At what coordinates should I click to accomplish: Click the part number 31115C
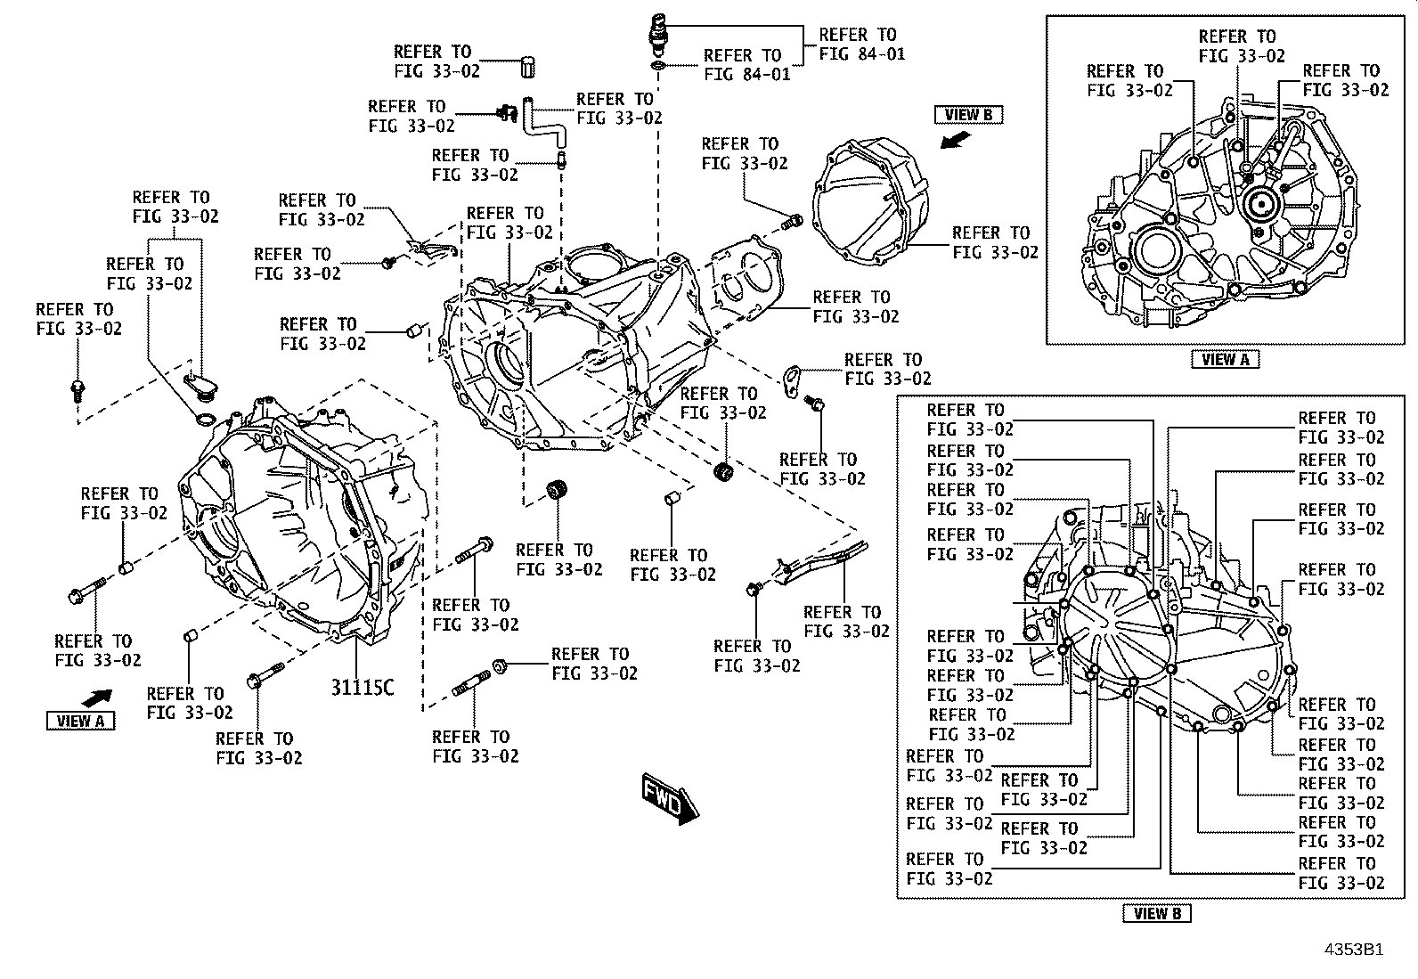pos(363,687)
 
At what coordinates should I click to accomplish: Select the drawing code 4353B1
pos(1354,950)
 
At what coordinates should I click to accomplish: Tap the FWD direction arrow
pos(670,798)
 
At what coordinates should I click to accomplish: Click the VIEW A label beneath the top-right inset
pos(1226,360)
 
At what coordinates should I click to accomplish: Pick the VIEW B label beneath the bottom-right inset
pos(1156,913)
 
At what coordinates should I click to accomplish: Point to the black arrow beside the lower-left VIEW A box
pos(97,698)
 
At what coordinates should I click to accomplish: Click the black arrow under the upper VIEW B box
pos(955,139)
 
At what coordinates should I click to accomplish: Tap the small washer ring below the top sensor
pos(657,65)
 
